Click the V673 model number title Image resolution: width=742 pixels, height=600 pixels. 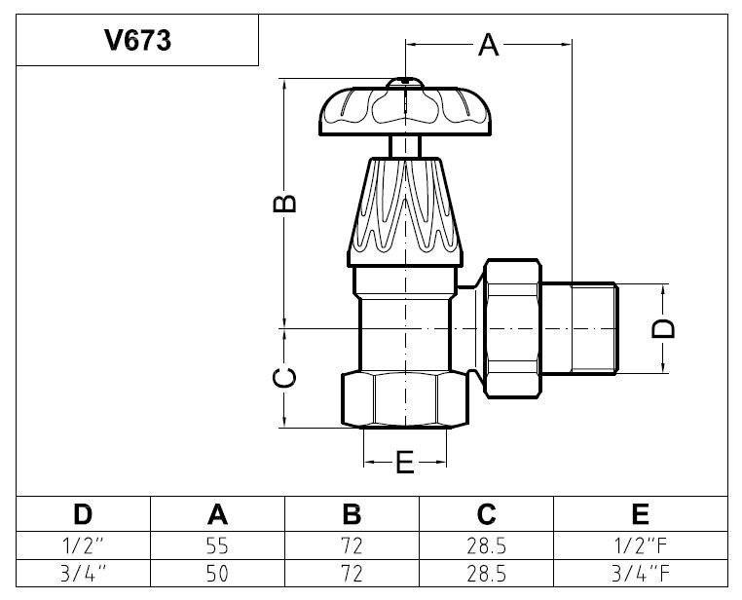[137, 40]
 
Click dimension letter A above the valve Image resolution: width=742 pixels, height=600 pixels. [489, 46]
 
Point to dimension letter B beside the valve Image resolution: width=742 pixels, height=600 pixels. [285, 204]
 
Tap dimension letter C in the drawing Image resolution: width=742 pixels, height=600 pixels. [285, 377]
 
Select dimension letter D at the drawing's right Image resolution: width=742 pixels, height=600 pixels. [663, 329]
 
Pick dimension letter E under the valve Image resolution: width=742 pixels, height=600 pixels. [405, 463]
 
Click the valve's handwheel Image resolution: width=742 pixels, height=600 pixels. [405, 108]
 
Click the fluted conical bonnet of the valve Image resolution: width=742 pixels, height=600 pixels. [405, 212]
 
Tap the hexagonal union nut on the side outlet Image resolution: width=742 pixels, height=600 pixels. [512, 328]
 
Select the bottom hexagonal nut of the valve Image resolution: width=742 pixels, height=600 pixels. [405, 400]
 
